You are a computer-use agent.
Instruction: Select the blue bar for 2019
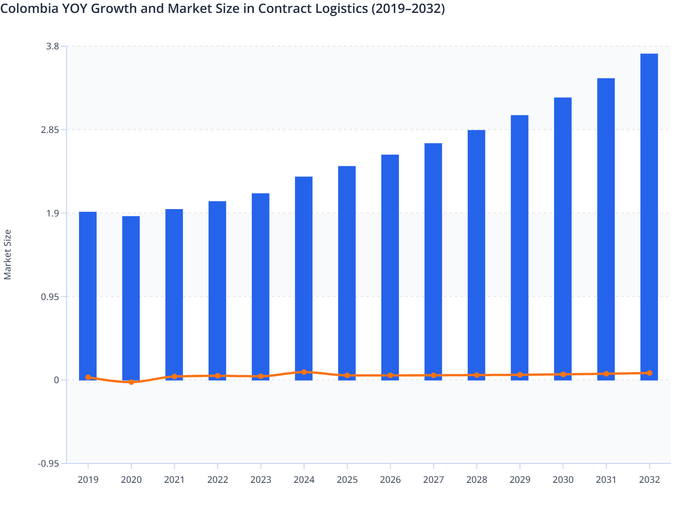pos(88,295)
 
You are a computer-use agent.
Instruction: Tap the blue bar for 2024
pos(304,277)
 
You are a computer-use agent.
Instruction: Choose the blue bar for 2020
pos(131,298)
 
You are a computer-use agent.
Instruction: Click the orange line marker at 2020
pos(131,382)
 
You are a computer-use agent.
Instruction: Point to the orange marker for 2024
pos(304,372)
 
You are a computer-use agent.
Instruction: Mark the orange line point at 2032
pos(649,373)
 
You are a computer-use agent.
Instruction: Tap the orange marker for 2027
pos(434,375)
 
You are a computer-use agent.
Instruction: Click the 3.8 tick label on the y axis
pos(53,46)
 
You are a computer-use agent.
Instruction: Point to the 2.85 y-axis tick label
pos(50,130)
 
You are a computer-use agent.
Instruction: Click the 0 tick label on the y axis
pos(56,380)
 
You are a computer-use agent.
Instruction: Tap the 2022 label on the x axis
pos(218,480)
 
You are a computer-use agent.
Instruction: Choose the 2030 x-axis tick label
pos(563,480)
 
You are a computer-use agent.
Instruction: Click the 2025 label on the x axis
pos(347,480)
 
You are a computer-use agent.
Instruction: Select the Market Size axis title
pos(7,254)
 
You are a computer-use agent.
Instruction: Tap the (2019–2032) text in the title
pos(408,9)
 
